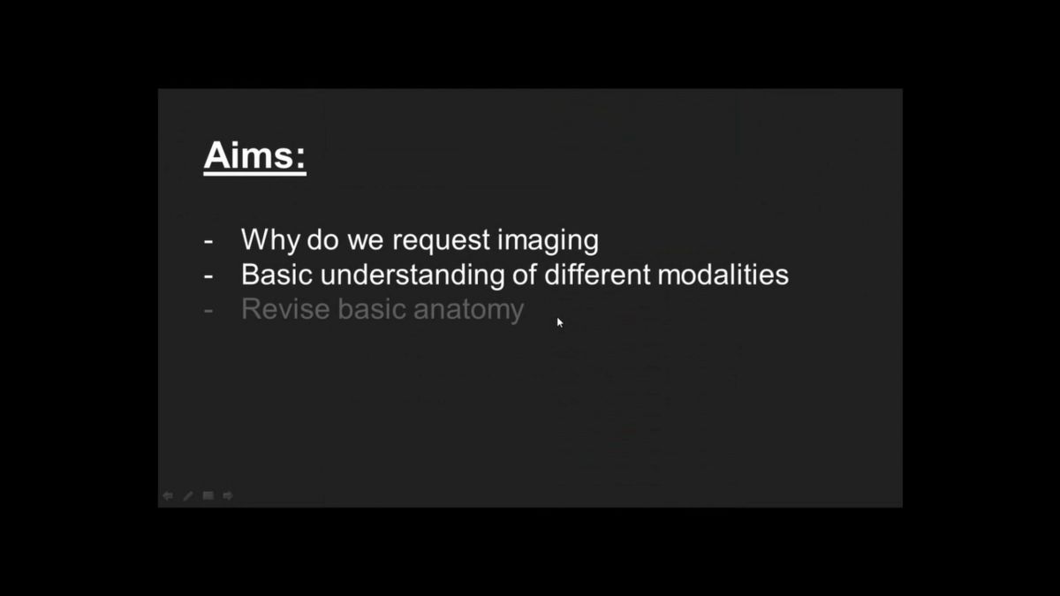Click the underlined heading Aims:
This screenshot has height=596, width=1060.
tap(254, 156)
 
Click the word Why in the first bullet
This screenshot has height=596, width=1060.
tap(270, 240)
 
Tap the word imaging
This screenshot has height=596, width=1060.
tap(548, 240)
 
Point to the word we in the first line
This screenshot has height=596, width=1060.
tap(365, 240)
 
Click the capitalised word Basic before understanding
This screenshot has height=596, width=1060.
tap(276, 275)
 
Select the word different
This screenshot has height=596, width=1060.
tap(597, 275)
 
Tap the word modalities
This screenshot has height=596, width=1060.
tap(723, 275)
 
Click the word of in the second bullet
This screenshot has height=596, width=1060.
tap(525, 275)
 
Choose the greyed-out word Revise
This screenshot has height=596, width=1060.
tap(285, 309)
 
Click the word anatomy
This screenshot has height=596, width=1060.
tap(468, 310)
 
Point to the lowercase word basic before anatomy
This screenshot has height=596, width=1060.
tap(372, 309)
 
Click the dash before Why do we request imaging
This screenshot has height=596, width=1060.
tap(208, 241)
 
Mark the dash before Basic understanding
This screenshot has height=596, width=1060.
tap(208, 275)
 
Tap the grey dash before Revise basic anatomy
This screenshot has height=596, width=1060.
tap(208, 311)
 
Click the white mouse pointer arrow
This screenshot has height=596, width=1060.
tap(560, 322)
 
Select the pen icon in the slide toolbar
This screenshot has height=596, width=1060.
tap(188, 495)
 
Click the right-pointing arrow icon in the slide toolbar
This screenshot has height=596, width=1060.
tap(228, 495)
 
